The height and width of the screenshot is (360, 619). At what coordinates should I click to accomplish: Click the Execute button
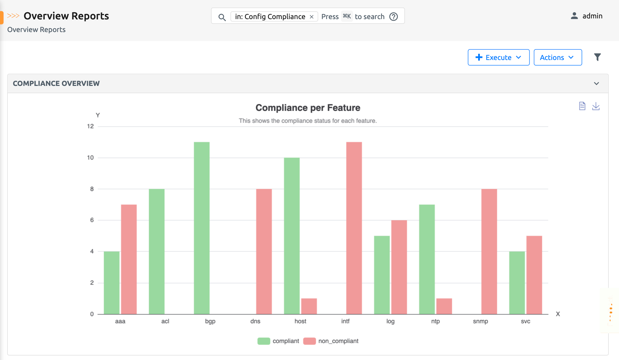tap(498, 57)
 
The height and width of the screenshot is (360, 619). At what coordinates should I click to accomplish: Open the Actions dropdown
tap(557, 57)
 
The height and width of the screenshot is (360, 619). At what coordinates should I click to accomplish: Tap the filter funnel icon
tap(597, 57)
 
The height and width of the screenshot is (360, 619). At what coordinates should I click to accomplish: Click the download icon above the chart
tap(596, 106)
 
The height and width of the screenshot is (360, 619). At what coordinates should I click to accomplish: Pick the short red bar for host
tap(309, 306)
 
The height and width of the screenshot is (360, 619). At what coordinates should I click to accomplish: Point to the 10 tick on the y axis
tap(90, 157)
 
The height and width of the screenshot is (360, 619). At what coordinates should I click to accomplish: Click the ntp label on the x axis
tap(436, 321)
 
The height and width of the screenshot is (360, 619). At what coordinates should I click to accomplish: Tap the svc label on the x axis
tap(525, 321)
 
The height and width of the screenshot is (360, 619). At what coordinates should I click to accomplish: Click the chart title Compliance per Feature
tap(308, 108)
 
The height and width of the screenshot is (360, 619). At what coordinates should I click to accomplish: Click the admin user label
tap(592, 16)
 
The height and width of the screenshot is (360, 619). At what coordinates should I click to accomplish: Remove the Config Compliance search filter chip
tap(311, 17)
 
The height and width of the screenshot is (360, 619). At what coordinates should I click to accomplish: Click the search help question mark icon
tap(394, 17)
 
